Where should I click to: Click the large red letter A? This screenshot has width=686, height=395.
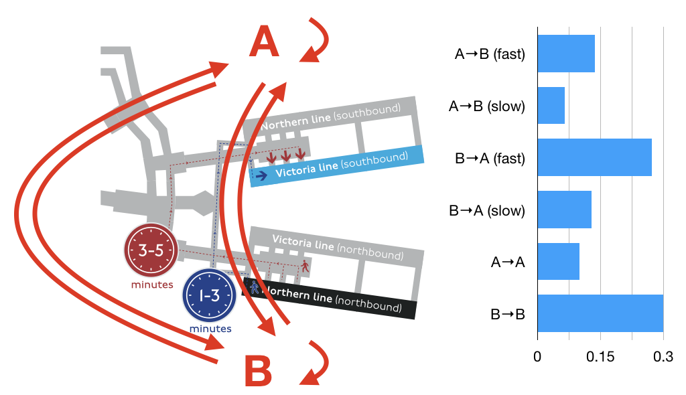coord(264,41)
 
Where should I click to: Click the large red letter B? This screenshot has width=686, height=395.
coord(258,371)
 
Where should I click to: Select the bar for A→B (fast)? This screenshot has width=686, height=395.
coord(566,54)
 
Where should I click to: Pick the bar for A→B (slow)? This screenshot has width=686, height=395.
coord(551,105)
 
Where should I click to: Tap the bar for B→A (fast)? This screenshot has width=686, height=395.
coord(595,157)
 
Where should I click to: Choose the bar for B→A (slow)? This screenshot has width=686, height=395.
coord(564,210)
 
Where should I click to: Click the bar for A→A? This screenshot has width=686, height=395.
coord(559,262)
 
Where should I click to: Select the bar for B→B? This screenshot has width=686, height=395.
coord(601,313)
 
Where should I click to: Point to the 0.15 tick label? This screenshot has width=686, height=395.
coord(600,357)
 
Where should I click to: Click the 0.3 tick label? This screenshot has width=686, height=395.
coord(663,357)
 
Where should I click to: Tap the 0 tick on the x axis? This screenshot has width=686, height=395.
coord(537,357)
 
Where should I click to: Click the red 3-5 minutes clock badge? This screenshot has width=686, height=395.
coord(151,250)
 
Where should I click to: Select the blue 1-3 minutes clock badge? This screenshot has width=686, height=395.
coord(209,295)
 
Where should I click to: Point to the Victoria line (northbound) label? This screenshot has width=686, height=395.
coord(338,247)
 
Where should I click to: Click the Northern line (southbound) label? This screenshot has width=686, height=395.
coord(331,116)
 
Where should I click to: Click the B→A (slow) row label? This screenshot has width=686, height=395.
coord(487,210)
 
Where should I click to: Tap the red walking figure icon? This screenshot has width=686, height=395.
coord(305,266)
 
